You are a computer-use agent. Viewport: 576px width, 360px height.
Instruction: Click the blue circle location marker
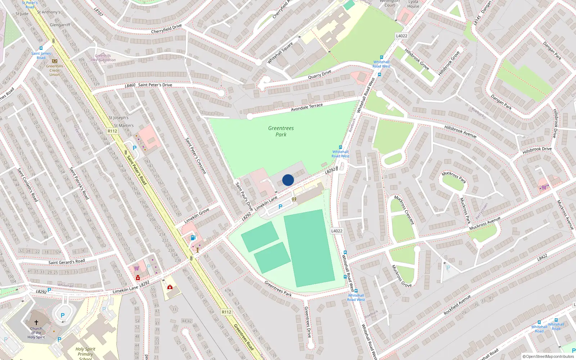[x=288, y=180]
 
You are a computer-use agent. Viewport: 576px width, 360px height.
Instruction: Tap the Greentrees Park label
[x=281, y=131]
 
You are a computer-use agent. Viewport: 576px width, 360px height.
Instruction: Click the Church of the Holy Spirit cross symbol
[x=36, y=323]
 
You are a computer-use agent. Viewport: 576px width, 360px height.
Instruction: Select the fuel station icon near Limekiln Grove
[x=193, y=238]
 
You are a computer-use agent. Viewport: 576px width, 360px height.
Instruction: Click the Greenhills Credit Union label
[x=55, y=70]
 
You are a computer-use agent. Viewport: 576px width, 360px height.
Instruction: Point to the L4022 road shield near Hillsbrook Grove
[x=401, y=36]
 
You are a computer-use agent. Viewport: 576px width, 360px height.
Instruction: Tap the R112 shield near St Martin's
[x=112, y=131]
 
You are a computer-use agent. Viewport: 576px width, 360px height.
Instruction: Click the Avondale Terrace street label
[x=307, y=107]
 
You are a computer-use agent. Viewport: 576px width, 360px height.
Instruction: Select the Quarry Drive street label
[x=319, y=75]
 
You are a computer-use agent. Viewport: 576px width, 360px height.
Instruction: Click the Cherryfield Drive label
[x=166, y=29]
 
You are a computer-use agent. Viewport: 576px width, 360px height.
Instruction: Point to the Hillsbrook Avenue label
[x=460, y=132]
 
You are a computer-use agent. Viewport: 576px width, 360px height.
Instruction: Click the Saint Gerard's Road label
[x=67, y=262]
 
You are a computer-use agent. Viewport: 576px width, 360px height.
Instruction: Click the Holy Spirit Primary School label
[x=85, y=353]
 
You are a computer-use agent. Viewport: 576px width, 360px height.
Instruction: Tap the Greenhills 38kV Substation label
[x=103, y=58]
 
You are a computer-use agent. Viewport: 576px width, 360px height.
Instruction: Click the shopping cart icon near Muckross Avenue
[x=544, y=187]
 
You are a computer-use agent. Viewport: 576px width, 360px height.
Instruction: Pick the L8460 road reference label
[x=130, y=86]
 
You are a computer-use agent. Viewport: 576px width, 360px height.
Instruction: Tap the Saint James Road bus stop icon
[x=41, y=48]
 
